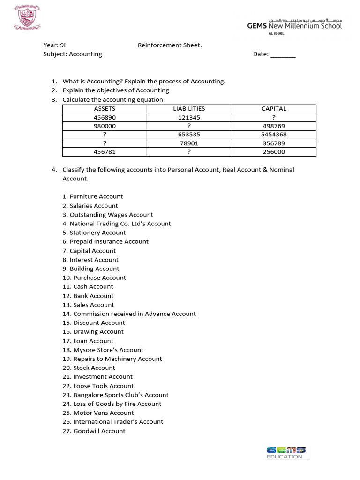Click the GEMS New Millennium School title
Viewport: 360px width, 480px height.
coord(294,26)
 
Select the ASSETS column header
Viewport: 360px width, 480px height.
coord(105,109)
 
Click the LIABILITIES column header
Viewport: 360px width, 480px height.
coord(189,109)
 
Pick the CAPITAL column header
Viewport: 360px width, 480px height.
coord(274,109)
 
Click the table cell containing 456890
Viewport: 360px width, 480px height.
coord(105,117)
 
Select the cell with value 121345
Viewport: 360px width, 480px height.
coord(189,117)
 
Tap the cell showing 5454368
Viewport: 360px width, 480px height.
coord(274,135)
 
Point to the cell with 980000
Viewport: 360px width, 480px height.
coord(105,126)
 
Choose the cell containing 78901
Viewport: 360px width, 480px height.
coord(189,143)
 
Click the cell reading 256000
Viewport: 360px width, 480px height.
coord(274,152)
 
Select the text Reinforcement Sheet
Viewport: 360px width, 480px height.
coord(170,45)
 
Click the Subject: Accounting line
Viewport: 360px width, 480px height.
coord(73,54)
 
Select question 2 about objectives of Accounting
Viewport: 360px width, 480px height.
coord(115,90)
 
